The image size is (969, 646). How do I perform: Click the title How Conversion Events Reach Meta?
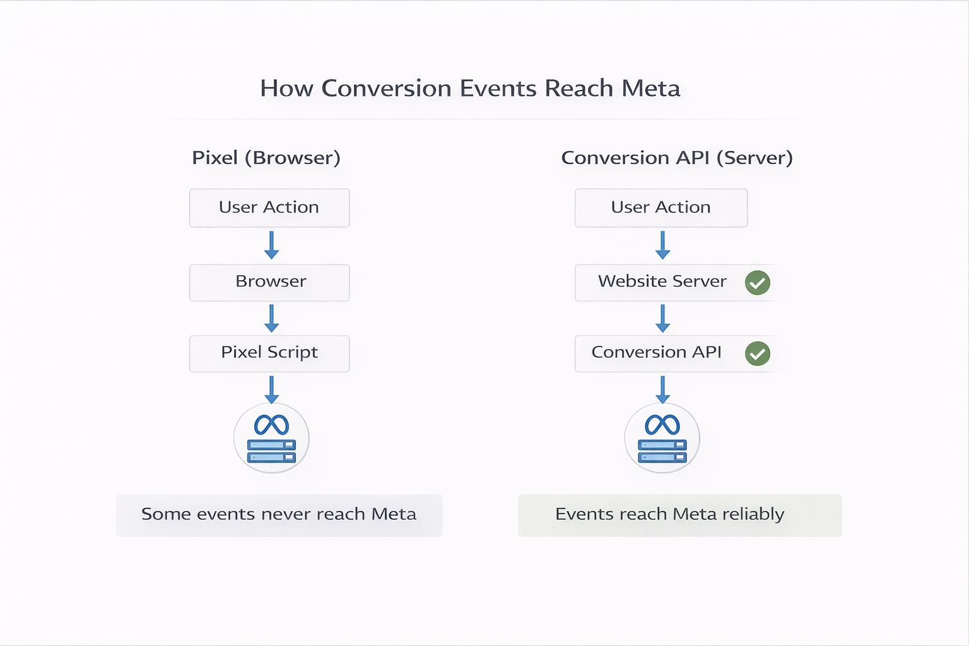470,88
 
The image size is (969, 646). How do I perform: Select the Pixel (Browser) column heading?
266,158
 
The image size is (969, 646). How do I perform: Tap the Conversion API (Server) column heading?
676,158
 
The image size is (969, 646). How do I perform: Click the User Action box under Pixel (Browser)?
269,208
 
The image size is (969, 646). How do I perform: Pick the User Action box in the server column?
661,208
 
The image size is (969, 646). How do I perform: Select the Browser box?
269,282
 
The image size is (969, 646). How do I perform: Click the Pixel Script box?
269,353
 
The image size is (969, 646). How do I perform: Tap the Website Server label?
662,281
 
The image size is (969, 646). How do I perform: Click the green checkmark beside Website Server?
757,283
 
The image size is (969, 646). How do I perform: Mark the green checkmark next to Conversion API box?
757,353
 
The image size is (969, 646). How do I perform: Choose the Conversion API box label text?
656,352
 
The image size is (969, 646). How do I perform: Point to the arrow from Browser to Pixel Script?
271,319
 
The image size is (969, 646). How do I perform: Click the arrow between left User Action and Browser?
271,245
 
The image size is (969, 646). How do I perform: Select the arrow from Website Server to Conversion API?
662,319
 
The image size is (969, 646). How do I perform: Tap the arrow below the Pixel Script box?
271,389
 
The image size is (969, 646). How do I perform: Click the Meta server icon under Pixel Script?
271,438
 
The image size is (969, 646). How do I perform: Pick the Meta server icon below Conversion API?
662,438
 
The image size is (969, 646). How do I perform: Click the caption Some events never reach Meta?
279,515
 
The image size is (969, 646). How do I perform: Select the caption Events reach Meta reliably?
670,515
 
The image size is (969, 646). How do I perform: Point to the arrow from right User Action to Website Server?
662,245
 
